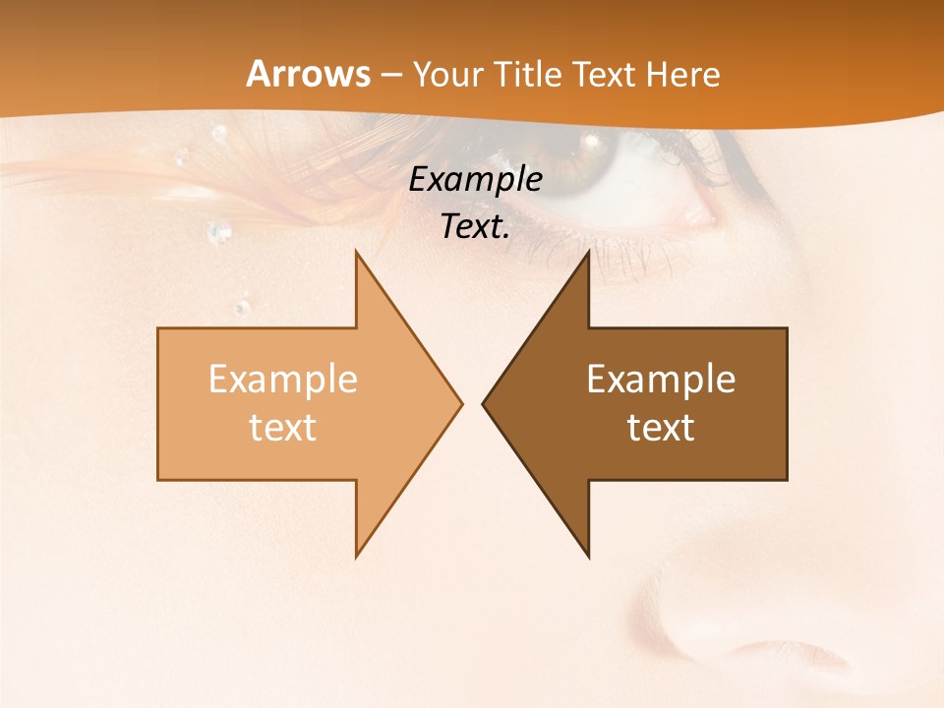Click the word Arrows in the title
(308, 74)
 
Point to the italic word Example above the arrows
(475, 180)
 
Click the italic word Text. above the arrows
(475, 226)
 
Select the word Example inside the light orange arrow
(282, 380)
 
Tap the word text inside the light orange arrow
(282, 427)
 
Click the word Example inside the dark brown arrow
(661, 380)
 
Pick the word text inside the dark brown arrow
(661, 427)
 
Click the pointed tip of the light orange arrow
(460, 403)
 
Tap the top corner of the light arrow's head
(356, 253)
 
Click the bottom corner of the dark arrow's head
(588, 556)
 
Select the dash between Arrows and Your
(390, 75)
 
